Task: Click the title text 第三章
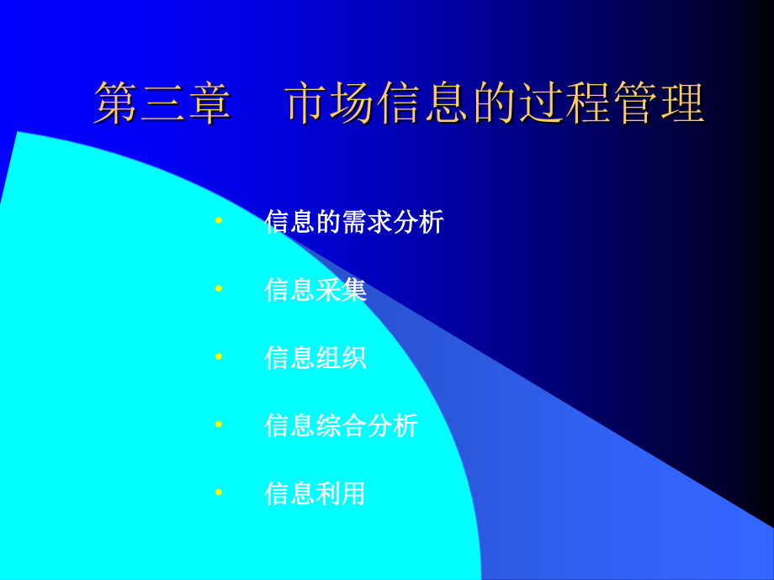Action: (x=162, y=103)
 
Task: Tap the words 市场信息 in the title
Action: (x=377, y=103)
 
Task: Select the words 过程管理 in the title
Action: (x=612, y=103)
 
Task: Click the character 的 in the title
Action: (x=495, y=103)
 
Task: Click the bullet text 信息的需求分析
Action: (x=354, y=221)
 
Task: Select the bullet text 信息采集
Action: (x=315, y=289)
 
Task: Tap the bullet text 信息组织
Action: (x=315, y=357)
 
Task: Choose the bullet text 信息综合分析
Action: (x=342, y=425)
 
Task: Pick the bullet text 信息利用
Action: (x=315, y=493)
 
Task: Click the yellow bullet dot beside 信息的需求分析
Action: (x=219, y=220)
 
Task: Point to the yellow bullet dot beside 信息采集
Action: (x=219, y=288)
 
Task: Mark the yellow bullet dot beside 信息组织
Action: (x=219, y=356)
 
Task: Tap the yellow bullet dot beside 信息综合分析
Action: (x=219, y=424)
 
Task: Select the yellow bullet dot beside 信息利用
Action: (x=219, y=493)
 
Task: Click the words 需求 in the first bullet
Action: (x=368, y=221)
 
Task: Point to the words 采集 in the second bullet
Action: (x=341, y=289)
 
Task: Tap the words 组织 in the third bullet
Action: (x=341, y=357)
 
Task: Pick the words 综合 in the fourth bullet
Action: (x=341, y=425)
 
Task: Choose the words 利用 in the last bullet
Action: (x=341, y=493)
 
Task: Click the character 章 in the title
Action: (x=209, y=103)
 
